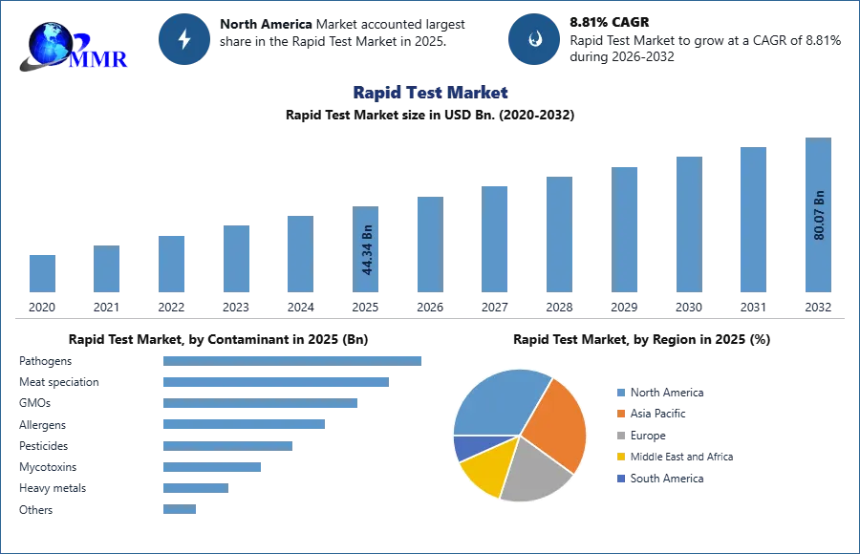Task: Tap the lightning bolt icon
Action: pyautogui.click(x=184, y=39)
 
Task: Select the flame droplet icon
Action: pyautogui.click(x=534, y=39)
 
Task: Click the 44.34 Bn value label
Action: pyautogui.click(x=367, y=251)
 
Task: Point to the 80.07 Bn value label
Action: pyautogui.click(x=818, y=215)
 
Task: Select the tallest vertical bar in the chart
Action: pyautogui.click(x=818, y=216)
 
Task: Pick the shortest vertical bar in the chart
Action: pyautogui.click(x=42, y=273)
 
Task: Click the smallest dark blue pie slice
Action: pyautogui.click(x=467, y=445)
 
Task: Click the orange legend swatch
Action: pyautogui.click(x=619, y=413)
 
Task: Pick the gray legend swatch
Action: pyautogui.click(x=619, y=436)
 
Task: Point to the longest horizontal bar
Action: pyautogui.click(x=293, y=360)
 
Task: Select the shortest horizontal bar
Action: pyautogui.click(x=180, y=511)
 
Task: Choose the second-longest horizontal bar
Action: pyautogui.click(x=275, y=382)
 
